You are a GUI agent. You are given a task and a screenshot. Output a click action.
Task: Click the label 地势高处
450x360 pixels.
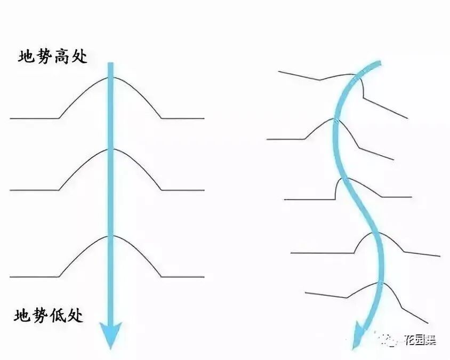click(x=52, y=57)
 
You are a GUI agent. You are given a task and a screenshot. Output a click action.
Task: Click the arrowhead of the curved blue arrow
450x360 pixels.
click(x=356, y=336)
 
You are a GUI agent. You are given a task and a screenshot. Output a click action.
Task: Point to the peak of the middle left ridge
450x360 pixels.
click(x=110, y=148)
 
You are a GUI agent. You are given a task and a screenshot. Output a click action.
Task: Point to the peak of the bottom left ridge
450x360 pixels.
click(x=110, y=235)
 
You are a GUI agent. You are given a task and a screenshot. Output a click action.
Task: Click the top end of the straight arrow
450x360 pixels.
click(x=110, y=65)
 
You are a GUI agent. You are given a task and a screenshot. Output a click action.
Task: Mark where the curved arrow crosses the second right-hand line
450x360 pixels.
click(x=336, y=121)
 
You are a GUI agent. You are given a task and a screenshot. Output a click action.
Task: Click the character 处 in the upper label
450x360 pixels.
click(x=80, y=57)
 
